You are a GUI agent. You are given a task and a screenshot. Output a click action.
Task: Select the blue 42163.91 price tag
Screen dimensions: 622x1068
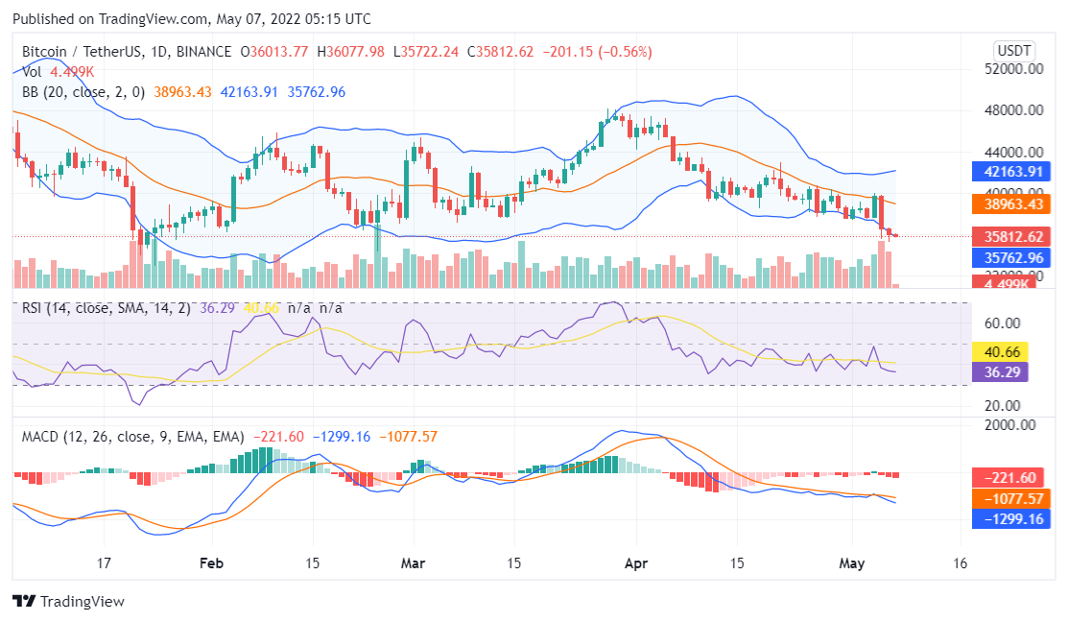point(1008,173)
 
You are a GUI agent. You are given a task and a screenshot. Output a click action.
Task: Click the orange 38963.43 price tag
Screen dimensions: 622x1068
point(1008,203)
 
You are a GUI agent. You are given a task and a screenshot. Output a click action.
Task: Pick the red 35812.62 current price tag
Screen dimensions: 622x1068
point(1008,237)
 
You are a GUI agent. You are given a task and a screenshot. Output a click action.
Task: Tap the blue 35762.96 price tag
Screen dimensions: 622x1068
point(1008,257)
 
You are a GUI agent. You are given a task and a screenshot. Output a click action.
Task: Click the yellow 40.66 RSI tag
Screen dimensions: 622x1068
point(999,352)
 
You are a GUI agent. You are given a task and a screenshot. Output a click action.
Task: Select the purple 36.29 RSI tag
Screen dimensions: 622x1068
point(999,371)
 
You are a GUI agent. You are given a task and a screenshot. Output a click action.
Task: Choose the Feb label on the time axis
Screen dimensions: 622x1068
point(211,562)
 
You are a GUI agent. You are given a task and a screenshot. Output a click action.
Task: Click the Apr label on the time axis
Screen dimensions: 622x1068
point(635,562)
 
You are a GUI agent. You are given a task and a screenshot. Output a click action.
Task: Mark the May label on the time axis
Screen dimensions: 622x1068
point(851,562)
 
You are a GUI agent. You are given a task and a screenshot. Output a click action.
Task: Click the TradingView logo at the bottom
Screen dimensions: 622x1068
point(69,602)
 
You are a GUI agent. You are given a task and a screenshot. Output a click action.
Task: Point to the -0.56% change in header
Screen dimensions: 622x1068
point(599,52)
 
